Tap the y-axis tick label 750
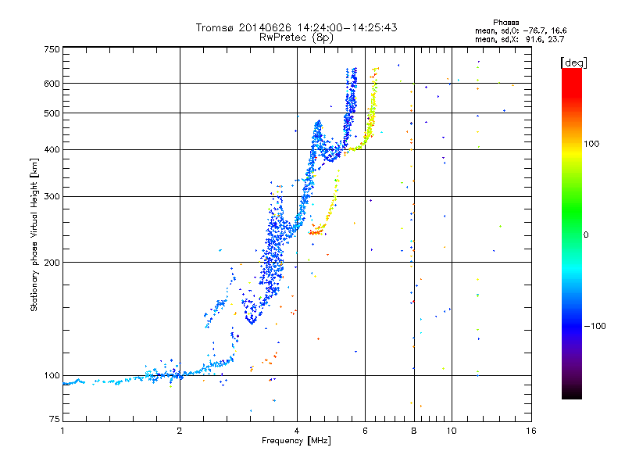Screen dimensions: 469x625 coord(52,49)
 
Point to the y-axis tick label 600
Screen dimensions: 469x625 coord(52,83)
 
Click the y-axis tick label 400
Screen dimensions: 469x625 coord(52,149)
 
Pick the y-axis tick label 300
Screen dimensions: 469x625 coord(52,196)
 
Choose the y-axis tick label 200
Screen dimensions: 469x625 coord(52,262)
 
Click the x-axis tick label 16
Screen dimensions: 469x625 coord(530,431)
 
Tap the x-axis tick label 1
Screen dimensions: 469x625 coord(62,431)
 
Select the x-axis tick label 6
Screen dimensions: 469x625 coord(365,431)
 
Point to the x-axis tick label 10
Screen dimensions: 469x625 coord(452,431)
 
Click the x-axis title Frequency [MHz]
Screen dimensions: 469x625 coord(296,441)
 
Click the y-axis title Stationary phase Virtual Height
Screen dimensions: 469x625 coord(34,234)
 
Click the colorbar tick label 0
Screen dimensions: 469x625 coord(586,234)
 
